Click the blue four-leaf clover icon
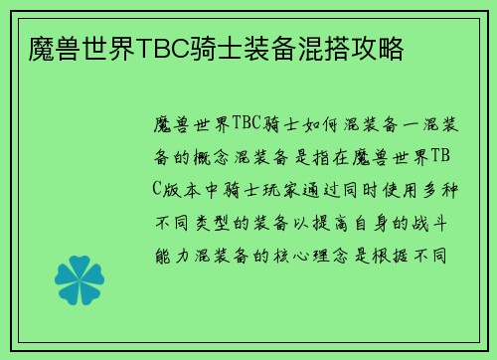click(81, 267)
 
